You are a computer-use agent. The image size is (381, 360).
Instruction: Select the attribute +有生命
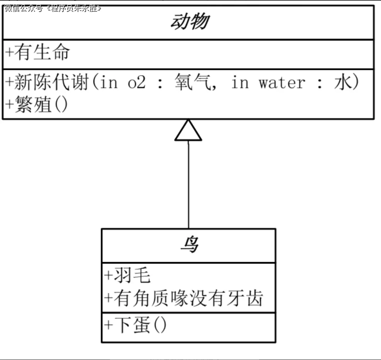(x=37, y=52)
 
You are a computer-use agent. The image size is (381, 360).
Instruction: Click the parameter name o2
(x=137, y=82)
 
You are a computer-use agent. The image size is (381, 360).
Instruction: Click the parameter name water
(x=282, y=82)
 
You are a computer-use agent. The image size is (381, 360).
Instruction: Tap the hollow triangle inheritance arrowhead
(x=188, y=131)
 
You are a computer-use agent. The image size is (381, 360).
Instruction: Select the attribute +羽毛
(x=128, y=276)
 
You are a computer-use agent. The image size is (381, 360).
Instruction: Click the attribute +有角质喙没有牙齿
(x=184, y=298)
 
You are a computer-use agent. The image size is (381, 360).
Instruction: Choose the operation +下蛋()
(x=135, y=326)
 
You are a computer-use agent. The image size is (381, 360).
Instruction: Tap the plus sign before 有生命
(x=8, y=53)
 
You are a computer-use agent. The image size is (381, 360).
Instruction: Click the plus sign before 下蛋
(x=108, y=326)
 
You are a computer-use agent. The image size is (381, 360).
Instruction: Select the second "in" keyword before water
(x=240, y=82)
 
